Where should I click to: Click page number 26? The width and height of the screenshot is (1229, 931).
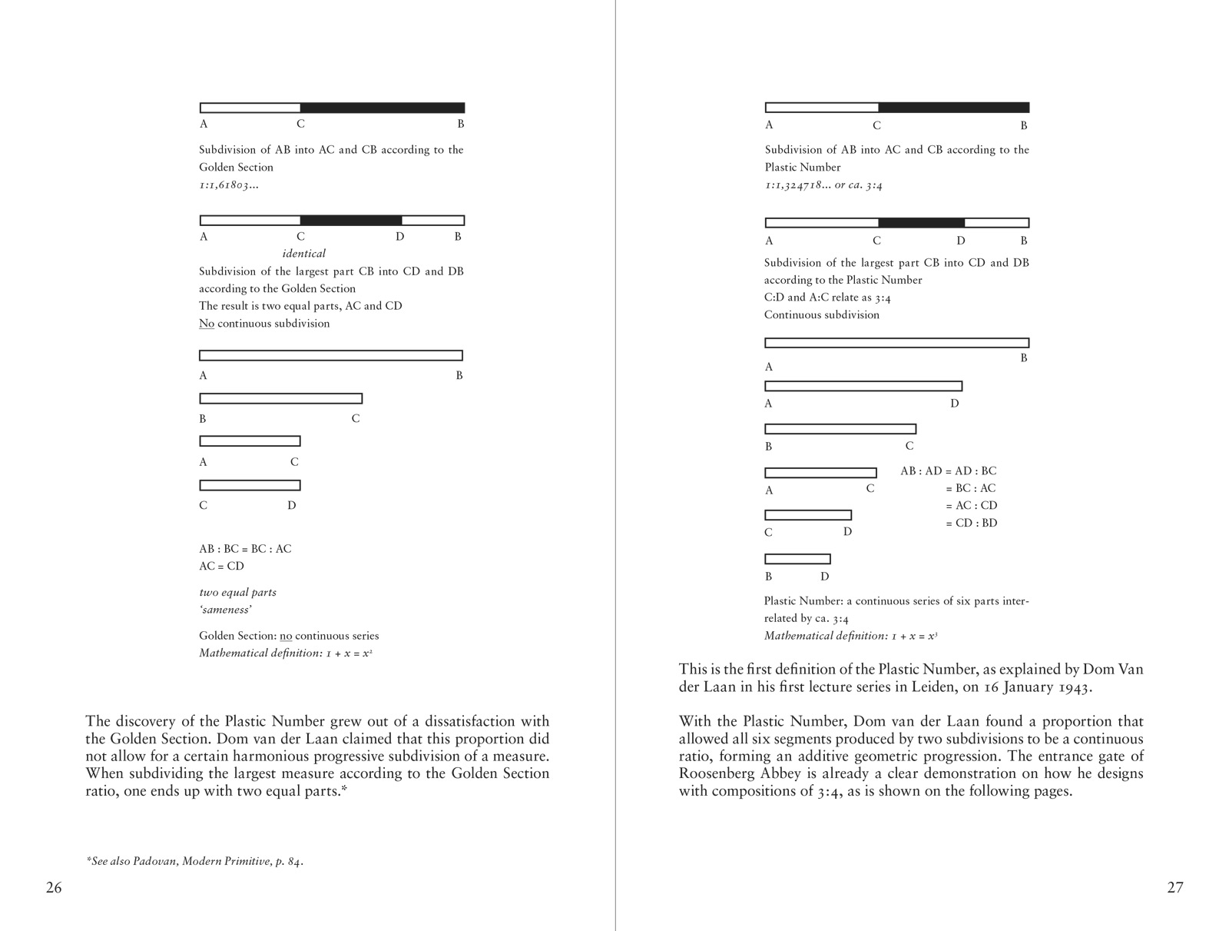click(x=54, y=888)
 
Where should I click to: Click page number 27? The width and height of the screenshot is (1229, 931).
click(x=1175, y=888)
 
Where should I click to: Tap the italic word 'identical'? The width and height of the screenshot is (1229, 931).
click(x=303, y=254)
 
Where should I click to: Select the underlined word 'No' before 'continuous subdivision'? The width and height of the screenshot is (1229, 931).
click(x=207, y=324)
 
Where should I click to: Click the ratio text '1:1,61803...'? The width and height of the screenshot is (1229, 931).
click(x=229, y=185)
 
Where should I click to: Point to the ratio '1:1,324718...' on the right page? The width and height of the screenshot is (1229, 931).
click(x=797, y=185)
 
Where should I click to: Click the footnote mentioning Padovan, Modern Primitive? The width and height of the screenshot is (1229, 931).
click(x=195, y=861)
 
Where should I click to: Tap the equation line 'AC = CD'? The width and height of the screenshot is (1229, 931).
click(x=221, y=567)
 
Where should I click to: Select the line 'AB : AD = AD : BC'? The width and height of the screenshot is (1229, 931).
click(x=948, y=471)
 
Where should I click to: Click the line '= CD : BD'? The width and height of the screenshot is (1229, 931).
click(x=971, y=524)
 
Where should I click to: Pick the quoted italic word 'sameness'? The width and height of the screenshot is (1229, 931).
click(x=225, y=610)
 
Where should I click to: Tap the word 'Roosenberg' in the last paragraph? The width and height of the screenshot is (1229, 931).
click(x=719, y=774)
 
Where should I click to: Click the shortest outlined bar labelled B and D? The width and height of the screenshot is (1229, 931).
click(x=797, y=559)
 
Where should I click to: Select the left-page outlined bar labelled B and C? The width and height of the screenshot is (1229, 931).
click(x=280, y=398)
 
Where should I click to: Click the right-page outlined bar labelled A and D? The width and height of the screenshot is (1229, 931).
click(x=863, y=386)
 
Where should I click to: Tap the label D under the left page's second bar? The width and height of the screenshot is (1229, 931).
click(x=399, y=237)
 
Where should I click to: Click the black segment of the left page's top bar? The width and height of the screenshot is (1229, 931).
click(x=383, y=108)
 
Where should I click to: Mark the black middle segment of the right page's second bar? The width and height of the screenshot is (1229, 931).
click(x=921, y=223)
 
